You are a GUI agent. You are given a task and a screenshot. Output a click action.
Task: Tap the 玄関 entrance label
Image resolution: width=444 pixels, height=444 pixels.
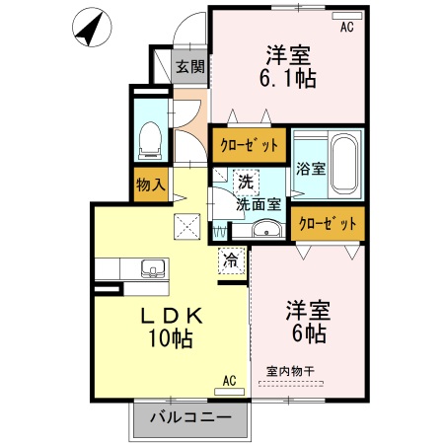189,67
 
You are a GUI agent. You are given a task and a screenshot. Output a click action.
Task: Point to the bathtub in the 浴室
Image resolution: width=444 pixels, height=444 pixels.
344,162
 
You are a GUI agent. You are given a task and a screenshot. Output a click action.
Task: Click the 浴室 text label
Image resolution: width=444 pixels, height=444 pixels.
312,168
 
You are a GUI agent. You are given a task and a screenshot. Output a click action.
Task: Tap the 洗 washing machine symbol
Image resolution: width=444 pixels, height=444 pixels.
244,182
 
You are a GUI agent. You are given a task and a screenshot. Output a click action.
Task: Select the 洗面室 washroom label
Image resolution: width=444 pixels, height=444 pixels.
259,204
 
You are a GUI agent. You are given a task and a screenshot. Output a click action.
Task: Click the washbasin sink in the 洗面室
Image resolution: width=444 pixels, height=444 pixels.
265,231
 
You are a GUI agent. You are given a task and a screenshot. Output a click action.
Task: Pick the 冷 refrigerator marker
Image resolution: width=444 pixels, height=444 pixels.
230,261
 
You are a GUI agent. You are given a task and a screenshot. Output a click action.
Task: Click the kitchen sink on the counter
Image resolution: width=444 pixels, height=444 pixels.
154,268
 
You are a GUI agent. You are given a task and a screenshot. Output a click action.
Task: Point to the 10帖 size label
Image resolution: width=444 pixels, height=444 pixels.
172,339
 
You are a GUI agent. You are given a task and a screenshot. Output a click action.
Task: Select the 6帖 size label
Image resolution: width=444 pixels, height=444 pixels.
307,333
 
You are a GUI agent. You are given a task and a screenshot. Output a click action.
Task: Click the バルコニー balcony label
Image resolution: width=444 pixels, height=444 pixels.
191,417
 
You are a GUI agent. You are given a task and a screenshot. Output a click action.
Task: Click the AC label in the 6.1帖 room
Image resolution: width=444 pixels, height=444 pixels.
346,28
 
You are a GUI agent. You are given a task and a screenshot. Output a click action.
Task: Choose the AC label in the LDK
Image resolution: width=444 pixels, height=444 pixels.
229,380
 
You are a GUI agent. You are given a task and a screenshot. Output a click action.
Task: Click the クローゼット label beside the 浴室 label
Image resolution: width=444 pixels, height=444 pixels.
328,223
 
